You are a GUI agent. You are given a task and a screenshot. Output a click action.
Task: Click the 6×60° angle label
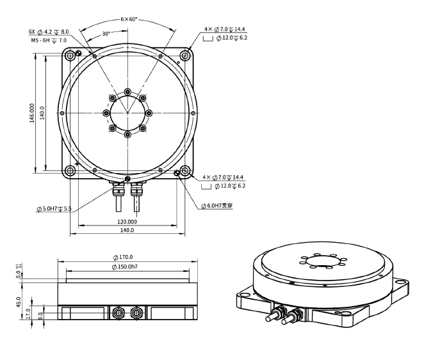(x=129, y=20)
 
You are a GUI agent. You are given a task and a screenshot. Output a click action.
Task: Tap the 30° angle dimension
(x=106, y=33)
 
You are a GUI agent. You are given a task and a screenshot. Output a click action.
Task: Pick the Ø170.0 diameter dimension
(x=127, y=258)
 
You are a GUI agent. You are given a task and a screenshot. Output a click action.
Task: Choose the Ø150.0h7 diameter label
(x=127, y=266)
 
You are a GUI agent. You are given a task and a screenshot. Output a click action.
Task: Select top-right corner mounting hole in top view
(x=185, y=56)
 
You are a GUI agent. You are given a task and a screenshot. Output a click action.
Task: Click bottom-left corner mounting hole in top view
(x=70, y=171)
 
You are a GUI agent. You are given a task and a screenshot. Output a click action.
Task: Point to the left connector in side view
(x=118, y=313)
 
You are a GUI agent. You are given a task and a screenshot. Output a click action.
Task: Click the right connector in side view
(x=136, y=313)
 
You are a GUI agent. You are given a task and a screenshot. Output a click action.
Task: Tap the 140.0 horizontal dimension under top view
(x=127, y=231)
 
